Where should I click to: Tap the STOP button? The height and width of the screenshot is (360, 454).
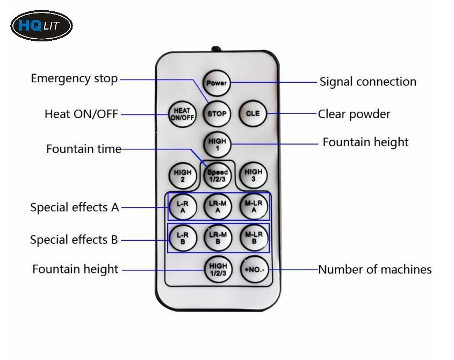coord(217,114)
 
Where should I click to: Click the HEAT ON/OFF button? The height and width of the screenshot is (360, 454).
coord(182,114)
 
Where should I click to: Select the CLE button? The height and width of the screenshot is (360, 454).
coord(253,114)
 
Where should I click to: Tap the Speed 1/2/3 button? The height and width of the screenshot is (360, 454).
coord(217,176)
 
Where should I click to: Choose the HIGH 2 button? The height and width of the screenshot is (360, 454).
coord(182,176)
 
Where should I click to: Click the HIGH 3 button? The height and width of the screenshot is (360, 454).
coord(253,176)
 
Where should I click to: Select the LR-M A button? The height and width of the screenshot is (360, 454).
coord(218,206)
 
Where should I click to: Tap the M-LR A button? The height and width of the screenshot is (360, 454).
coord(253,206)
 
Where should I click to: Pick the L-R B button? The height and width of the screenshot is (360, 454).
coord(182,237)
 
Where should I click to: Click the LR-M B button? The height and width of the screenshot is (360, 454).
coord(218,237)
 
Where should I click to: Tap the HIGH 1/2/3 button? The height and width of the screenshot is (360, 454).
coord(218,269)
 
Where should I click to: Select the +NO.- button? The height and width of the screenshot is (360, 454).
coord(254,269)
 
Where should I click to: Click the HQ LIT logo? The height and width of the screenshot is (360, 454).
coord(41,25)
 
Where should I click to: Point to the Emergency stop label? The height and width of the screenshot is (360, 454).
coord(74,78)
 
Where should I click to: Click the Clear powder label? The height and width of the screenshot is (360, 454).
coord(354,114)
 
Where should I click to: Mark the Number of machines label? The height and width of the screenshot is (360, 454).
coord(374,269)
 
